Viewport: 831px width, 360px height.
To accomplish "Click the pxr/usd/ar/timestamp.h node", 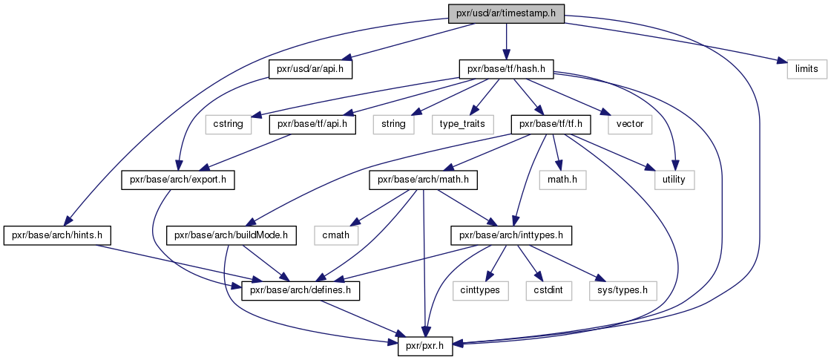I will click(x=507, y=13).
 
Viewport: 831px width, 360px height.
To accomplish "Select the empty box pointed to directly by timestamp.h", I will click(x=807, y=69).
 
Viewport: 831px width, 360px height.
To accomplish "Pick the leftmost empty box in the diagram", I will click(x=228, y=125).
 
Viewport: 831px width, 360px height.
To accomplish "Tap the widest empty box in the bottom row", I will click(x=623, y=291).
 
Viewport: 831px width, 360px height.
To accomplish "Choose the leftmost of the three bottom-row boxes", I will click(x=480, y=291).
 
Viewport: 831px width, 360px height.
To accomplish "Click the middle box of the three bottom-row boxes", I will click(x=548, y=291).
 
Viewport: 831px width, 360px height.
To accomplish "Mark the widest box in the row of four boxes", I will click(x=462, y=125).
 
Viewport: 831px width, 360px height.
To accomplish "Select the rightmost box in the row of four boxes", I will click(x=629, y=125).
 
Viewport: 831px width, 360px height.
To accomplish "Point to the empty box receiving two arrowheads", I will click(x=674, y=180).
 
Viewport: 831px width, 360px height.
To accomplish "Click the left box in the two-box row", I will click(x=562, y=180).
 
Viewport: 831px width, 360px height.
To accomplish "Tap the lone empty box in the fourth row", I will click(x=336, y=235).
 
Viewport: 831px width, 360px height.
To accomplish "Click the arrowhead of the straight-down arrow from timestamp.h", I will click(x=506, y=55).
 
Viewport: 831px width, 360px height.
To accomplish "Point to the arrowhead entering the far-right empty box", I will click(x=781, y=62).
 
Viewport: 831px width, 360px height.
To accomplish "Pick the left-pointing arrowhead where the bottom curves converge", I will click(x=458, y=344).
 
